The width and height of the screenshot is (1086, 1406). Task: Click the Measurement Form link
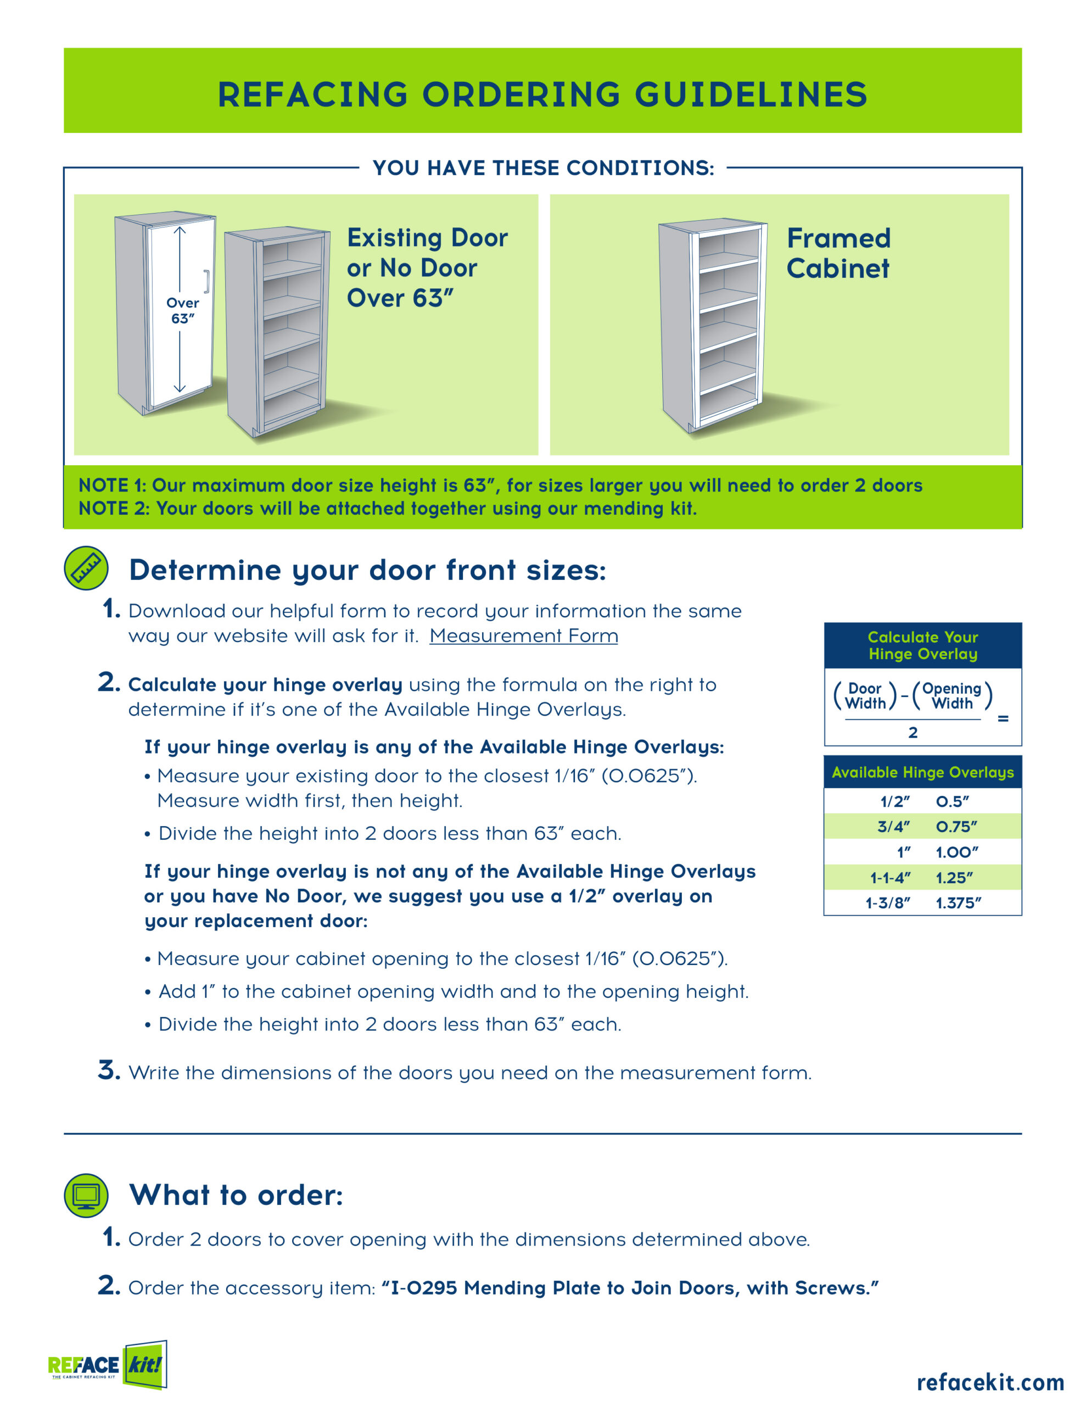pos(523,635)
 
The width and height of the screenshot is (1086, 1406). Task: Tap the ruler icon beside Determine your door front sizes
pos(86,568)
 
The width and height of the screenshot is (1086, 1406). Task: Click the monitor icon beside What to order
pos(86,1196)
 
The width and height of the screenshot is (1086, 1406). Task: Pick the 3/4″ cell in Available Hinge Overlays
pos(893,827)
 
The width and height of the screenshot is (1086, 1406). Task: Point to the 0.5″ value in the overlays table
pos(952,801)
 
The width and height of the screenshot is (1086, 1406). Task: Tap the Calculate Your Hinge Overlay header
pos(922,645)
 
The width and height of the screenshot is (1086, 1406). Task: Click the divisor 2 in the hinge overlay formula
pos(913,732)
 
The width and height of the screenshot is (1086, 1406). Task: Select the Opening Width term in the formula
pos(951,696)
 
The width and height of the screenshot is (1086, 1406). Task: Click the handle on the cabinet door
pos(206,281)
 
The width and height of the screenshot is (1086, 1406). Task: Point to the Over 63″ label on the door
pos(183,310)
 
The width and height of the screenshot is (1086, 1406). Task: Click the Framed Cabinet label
pos(838,253)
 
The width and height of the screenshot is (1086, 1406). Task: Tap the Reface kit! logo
pos(108,1365)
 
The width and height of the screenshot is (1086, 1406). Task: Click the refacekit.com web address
pos(990,1381)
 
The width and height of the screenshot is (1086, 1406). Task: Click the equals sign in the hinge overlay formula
pos(1003,718)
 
